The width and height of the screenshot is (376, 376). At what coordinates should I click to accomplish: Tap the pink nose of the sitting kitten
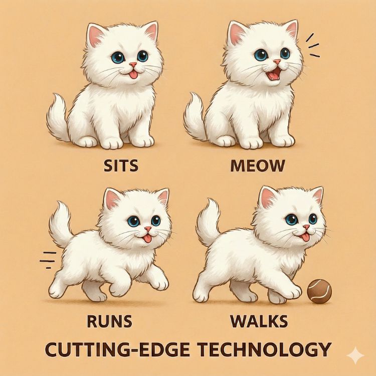(x=133, y=65)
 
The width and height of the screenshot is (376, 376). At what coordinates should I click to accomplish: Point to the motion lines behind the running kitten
(x=47, y=260)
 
